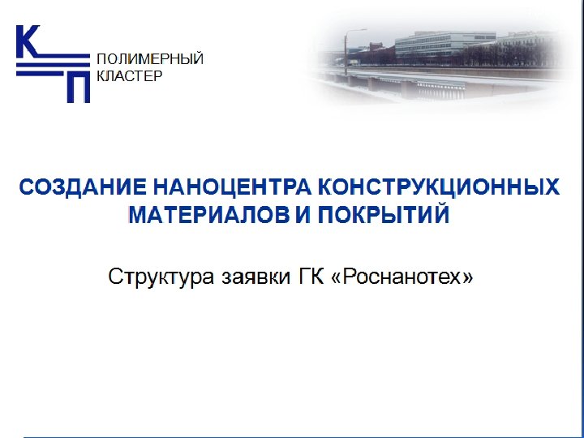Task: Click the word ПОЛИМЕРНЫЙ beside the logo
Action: (x=150, y=59)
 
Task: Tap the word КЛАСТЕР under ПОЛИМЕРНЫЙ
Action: (x=130, y=76)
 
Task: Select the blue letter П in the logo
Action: (x=77, y=86)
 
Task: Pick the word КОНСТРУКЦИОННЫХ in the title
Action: (x=439, y=188)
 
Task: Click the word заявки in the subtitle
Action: (x=250, y=277)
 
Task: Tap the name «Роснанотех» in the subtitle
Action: (x=403, y=277)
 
